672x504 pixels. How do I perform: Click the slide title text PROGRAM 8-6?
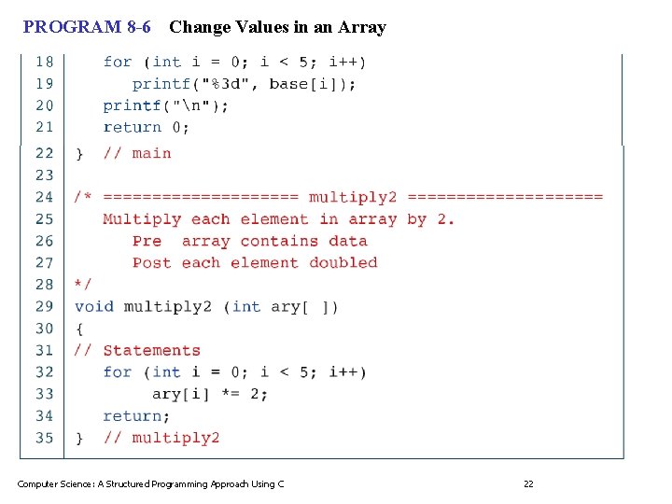point(87,27)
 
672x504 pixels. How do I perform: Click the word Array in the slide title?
point(364,27)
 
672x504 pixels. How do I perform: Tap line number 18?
point(44,62)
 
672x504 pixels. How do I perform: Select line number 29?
point(44,306)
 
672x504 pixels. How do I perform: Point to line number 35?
point(44,438)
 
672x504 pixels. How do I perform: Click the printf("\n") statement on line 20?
point(165,105)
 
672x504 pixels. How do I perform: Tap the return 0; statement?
point(146,127)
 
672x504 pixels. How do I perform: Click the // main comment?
point(136,153)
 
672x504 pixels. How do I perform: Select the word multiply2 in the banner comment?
point(353,197)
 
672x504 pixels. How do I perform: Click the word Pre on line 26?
point(147,241)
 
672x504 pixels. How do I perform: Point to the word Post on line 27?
point(151,263)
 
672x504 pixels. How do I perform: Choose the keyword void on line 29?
point(93,306)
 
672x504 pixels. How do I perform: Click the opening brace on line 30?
point(79,329)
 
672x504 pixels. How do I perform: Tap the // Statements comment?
point(137,351)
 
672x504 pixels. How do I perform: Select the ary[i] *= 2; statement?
point(210,394)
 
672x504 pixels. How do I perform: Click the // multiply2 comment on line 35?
point(161,438)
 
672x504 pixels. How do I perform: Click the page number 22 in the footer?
point(528,483)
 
